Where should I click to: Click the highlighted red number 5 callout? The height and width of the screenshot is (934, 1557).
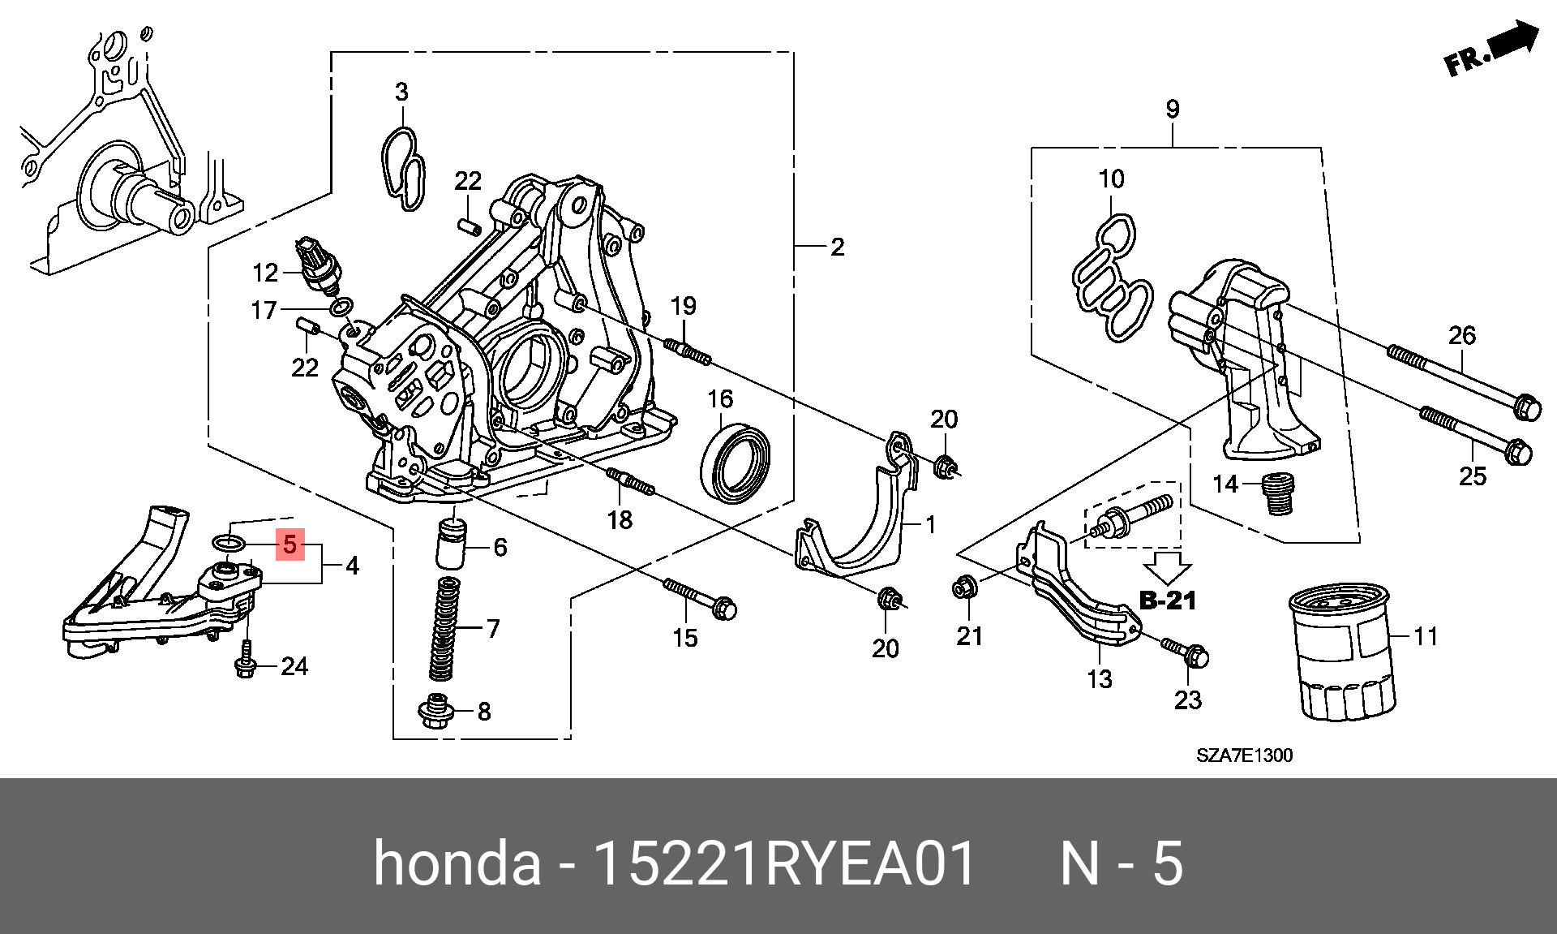(290, 544)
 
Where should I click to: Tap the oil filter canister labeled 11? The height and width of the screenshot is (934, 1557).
(1342, 653)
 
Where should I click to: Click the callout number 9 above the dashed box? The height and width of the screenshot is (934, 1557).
(1173, 110)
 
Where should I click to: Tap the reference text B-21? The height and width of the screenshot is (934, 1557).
(1168, 600)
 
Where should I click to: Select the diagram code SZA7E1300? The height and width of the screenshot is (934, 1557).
(1244, 755)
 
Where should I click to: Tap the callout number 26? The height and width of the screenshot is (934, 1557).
(1462, 336)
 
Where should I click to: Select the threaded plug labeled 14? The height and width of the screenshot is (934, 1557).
(1279, 493)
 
